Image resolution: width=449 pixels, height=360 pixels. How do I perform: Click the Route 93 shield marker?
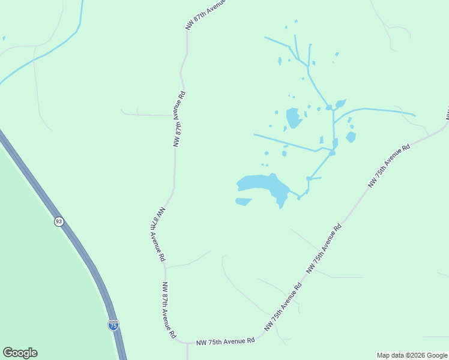(x=58, y=221)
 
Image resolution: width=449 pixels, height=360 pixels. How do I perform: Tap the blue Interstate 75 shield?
(x=113, y=325)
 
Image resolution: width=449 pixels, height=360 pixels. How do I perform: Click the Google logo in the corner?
(x=20, y=353)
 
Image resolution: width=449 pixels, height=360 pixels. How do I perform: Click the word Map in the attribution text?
(x=384, y=355)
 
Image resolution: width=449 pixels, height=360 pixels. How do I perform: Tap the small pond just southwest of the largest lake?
(x=243, y=201)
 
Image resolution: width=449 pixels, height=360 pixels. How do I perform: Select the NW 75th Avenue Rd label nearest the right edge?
(x=390, y=166)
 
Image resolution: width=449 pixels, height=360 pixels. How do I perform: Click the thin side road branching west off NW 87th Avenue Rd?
(x=147, y=114)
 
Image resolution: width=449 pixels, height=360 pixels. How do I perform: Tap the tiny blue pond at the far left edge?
(x=4, y=38)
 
